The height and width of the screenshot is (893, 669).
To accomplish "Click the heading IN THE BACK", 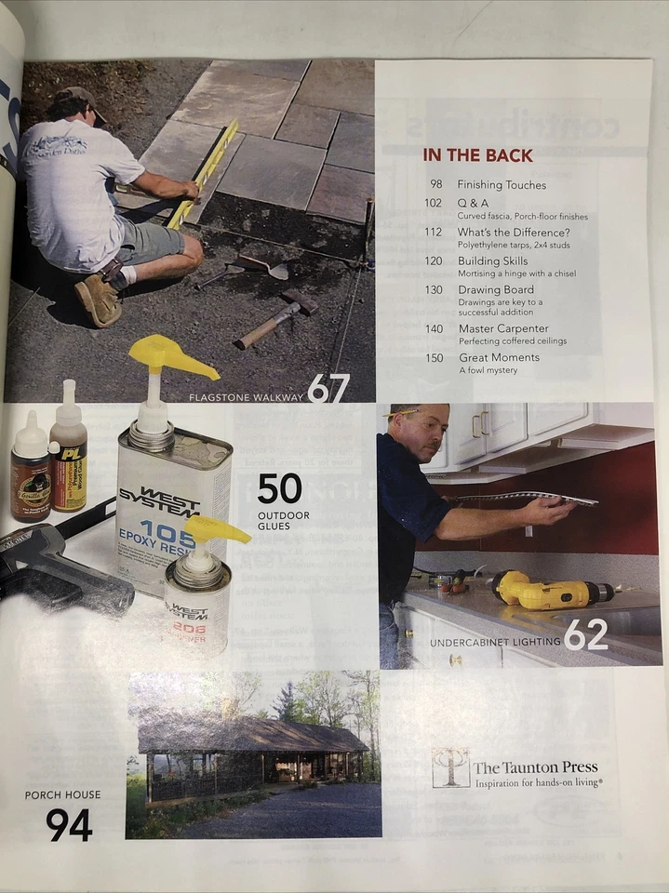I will pyautogui.click(x=477, y=155).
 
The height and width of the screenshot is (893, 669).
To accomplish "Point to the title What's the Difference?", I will pyautogui.click(x=514, y=232).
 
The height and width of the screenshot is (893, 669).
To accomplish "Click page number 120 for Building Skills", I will pyautogui.click(x=434, y=261).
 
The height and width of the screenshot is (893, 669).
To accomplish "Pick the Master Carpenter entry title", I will pyautogui.click(x=503, y=328).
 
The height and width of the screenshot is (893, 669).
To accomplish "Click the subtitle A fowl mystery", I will pyautogui.click(x=488, y=370).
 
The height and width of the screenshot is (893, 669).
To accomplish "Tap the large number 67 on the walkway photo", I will pyautogui.click(x=328, y=388).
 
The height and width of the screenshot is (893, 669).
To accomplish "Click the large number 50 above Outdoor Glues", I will pyautogui.click(x=280, y=488).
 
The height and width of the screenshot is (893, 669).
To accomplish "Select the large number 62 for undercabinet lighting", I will pyautogui.click(x=585, y=635).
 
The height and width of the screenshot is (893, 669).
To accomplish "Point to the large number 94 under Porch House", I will pyautogui.click(x=69, y=824).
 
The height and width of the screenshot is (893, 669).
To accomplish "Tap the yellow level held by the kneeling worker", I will pyautogui.click(x=204, y=171).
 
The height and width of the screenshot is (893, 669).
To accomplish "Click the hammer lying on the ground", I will pyautogui.click(x=275, y=318).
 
